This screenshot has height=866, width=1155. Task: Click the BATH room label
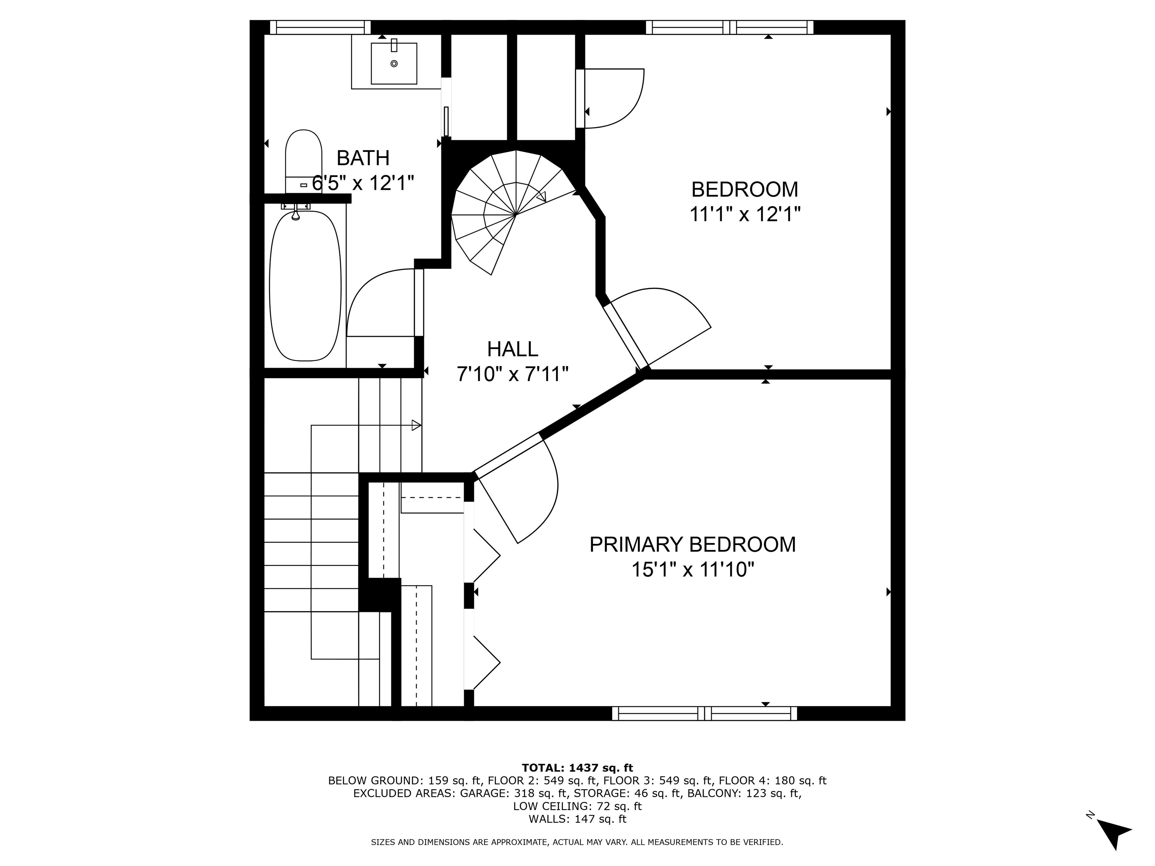pyautogui.click(x=363, y=157)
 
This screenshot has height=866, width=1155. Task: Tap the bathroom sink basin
pyautogui.click(x=394, y=63)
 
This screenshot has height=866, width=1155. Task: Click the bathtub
pyautogui.click(x=305, y=286)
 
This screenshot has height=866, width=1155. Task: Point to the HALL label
pyautogui.click(x=512, y=349)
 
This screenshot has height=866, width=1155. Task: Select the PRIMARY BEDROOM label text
pyautogui.click(x=693, y=545)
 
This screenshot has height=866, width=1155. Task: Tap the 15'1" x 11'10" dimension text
pyautogui.click(x=693, y=569)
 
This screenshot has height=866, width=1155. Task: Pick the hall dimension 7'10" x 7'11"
pyautogui.click(x=512, y=374)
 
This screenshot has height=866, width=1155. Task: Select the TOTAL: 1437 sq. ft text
pyautogui.click(x=577, y=768)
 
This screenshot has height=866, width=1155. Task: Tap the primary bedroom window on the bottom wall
pyautogui.click(x=704, y=713)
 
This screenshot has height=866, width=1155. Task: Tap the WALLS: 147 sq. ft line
pyautogui.click(x=577, y=819)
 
